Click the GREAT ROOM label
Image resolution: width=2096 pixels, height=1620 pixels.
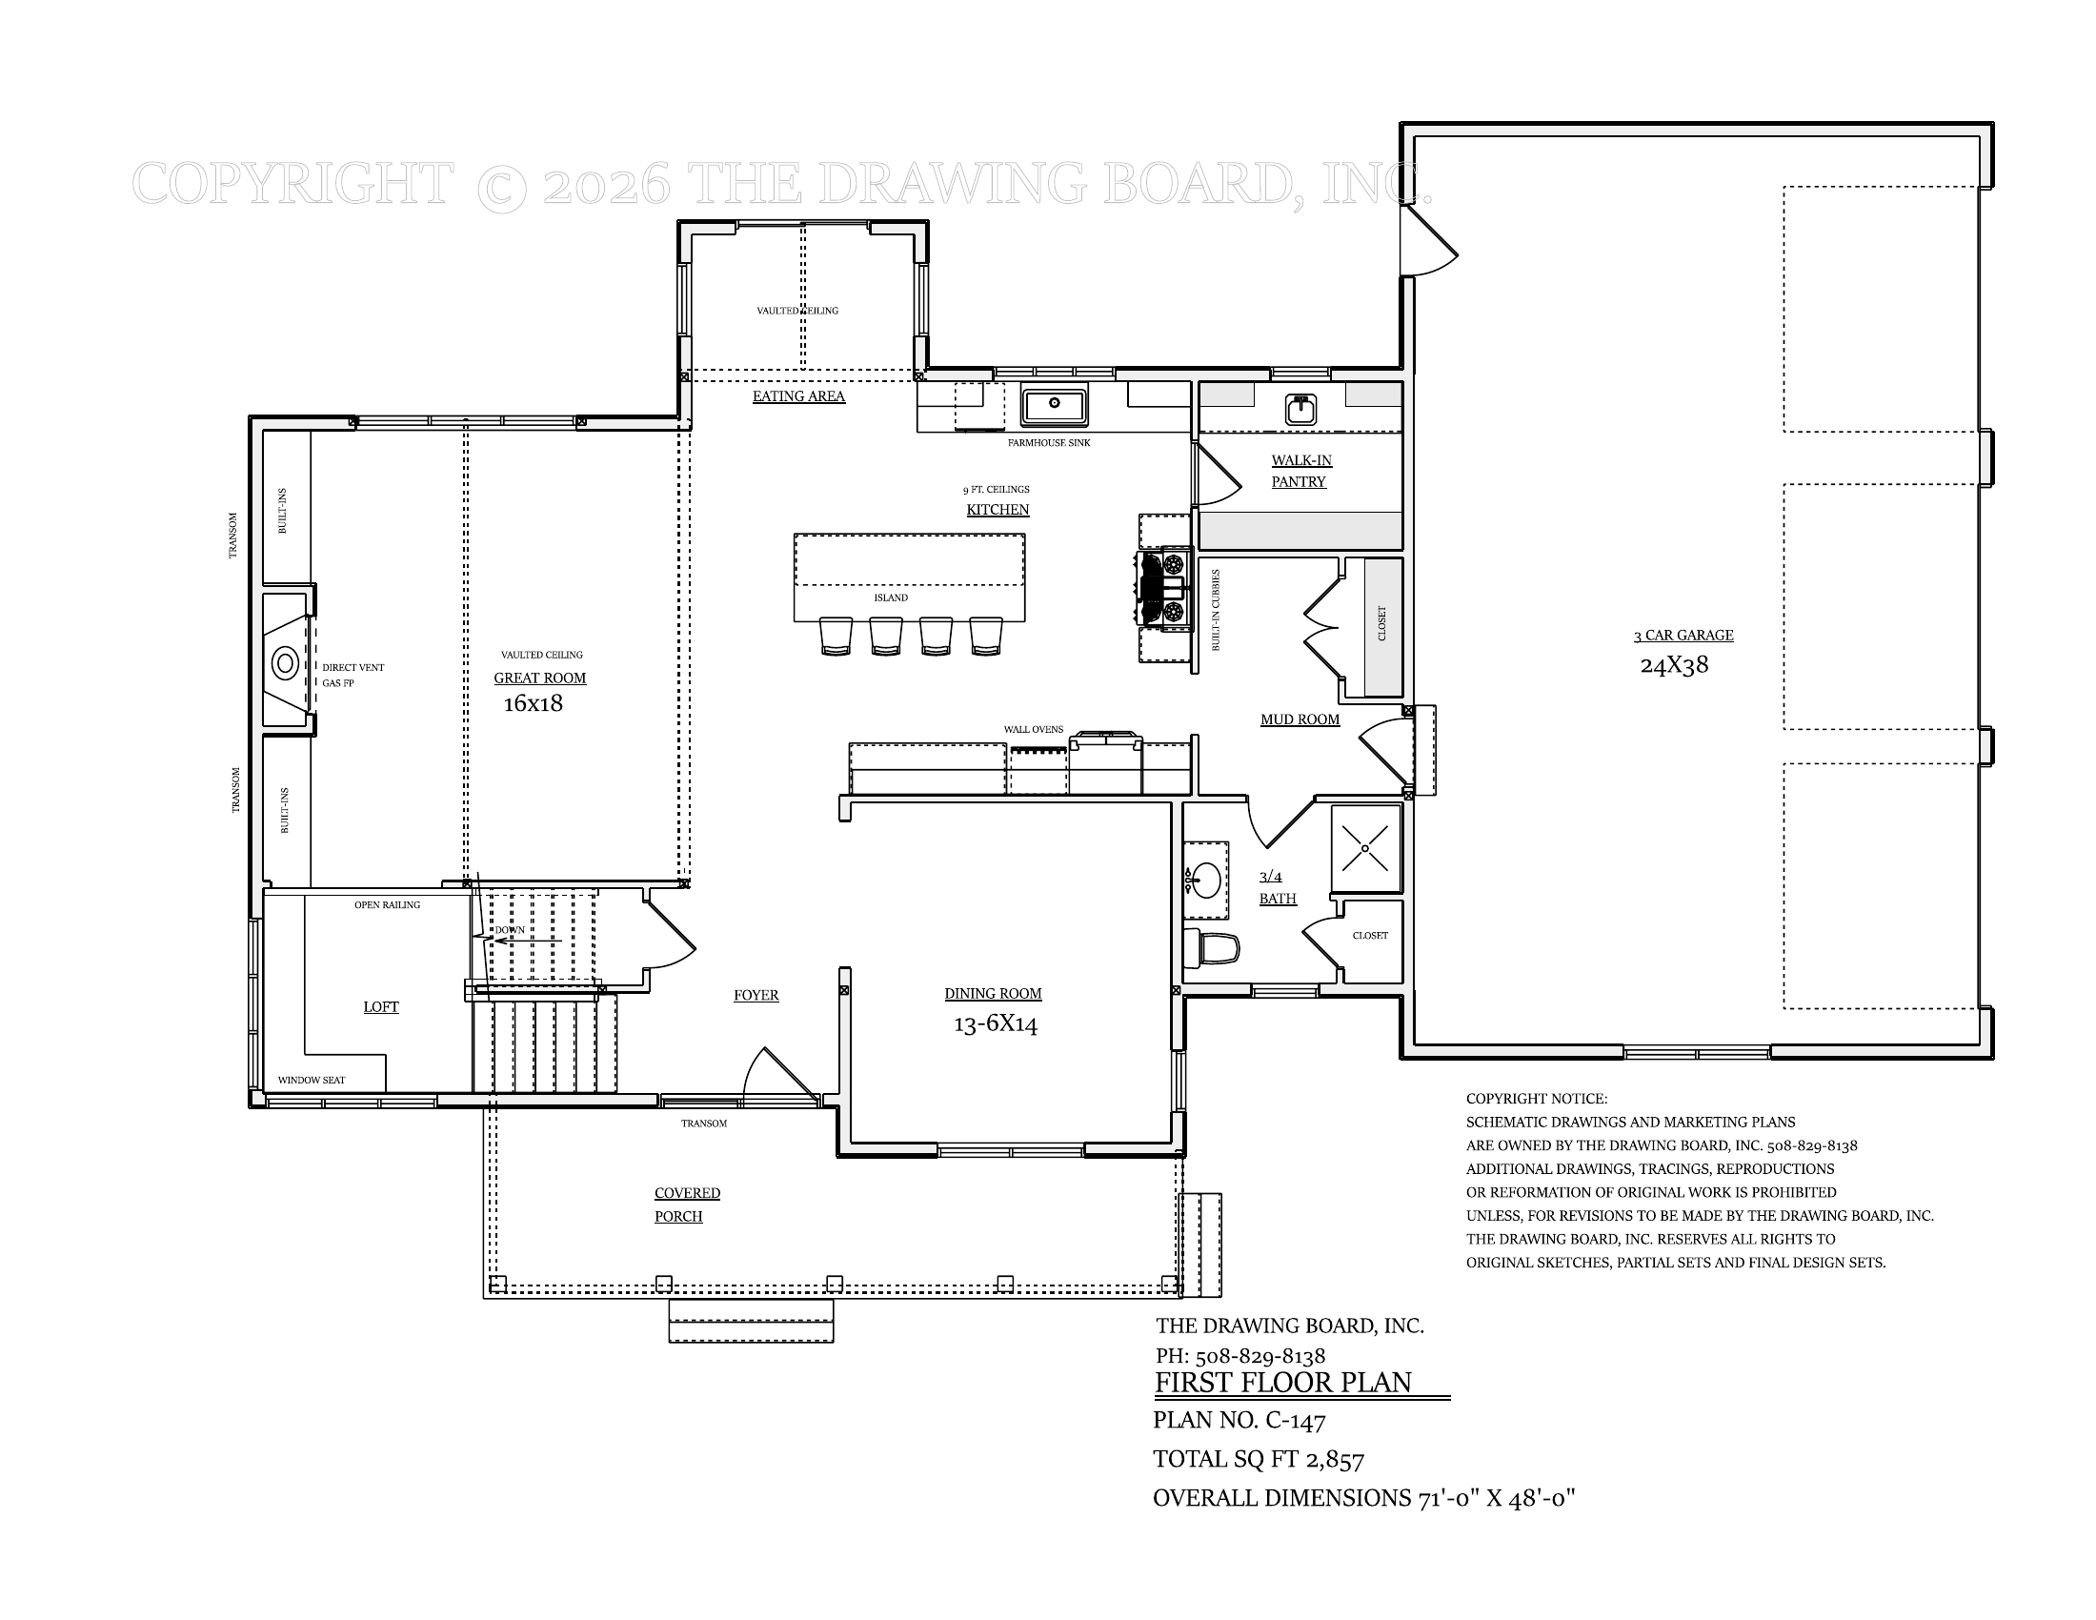click(x=539, y=678)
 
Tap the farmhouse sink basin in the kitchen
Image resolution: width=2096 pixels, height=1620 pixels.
click(x=1053, y=406)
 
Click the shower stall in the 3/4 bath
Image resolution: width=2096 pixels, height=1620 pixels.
click(x=1365, y=848)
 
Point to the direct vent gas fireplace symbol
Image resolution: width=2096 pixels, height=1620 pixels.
click(x=285, y=662)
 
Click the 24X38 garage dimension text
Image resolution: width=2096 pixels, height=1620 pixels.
click(x=1674, y=665)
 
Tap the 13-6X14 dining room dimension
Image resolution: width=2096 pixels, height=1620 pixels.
click(x=995, y=1024)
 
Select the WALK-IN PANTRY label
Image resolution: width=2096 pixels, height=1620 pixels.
click(x=1300, y=471)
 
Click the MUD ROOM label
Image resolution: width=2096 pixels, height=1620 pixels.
click(x=1300, y=719)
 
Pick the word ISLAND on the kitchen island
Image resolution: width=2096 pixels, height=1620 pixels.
click(x=890, y=597)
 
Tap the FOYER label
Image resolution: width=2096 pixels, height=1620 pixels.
click(x=756, y=995)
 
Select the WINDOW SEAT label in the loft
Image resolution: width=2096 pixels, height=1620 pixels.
click(x=311, y=1081)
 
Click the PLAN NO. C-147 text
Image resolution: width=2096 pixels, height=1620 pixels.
click(x=1239, y=1420)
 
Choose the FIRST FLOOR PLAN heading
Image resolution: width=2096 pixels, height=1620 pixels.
click(x=1283, y=1383)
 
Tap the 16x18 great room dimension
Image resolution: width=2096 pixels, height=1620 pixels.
click(x=533, y=703)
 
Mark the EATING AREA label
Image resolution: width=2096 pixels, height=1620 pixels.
click(x=798, y=396)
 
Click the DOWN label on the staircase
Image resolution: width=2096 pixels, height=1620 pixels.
click(x=510, y=930)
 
